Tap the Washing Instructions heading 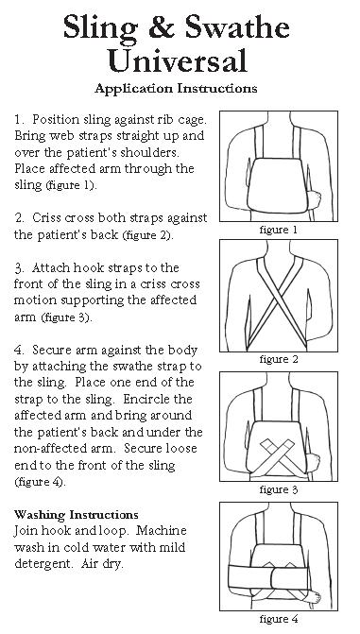(x=76, y=514)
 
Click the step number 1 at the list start (x=19, y=120)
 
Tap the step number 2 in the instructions (x=19, y=216)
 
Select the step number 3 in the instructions (x=19, y=267)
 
